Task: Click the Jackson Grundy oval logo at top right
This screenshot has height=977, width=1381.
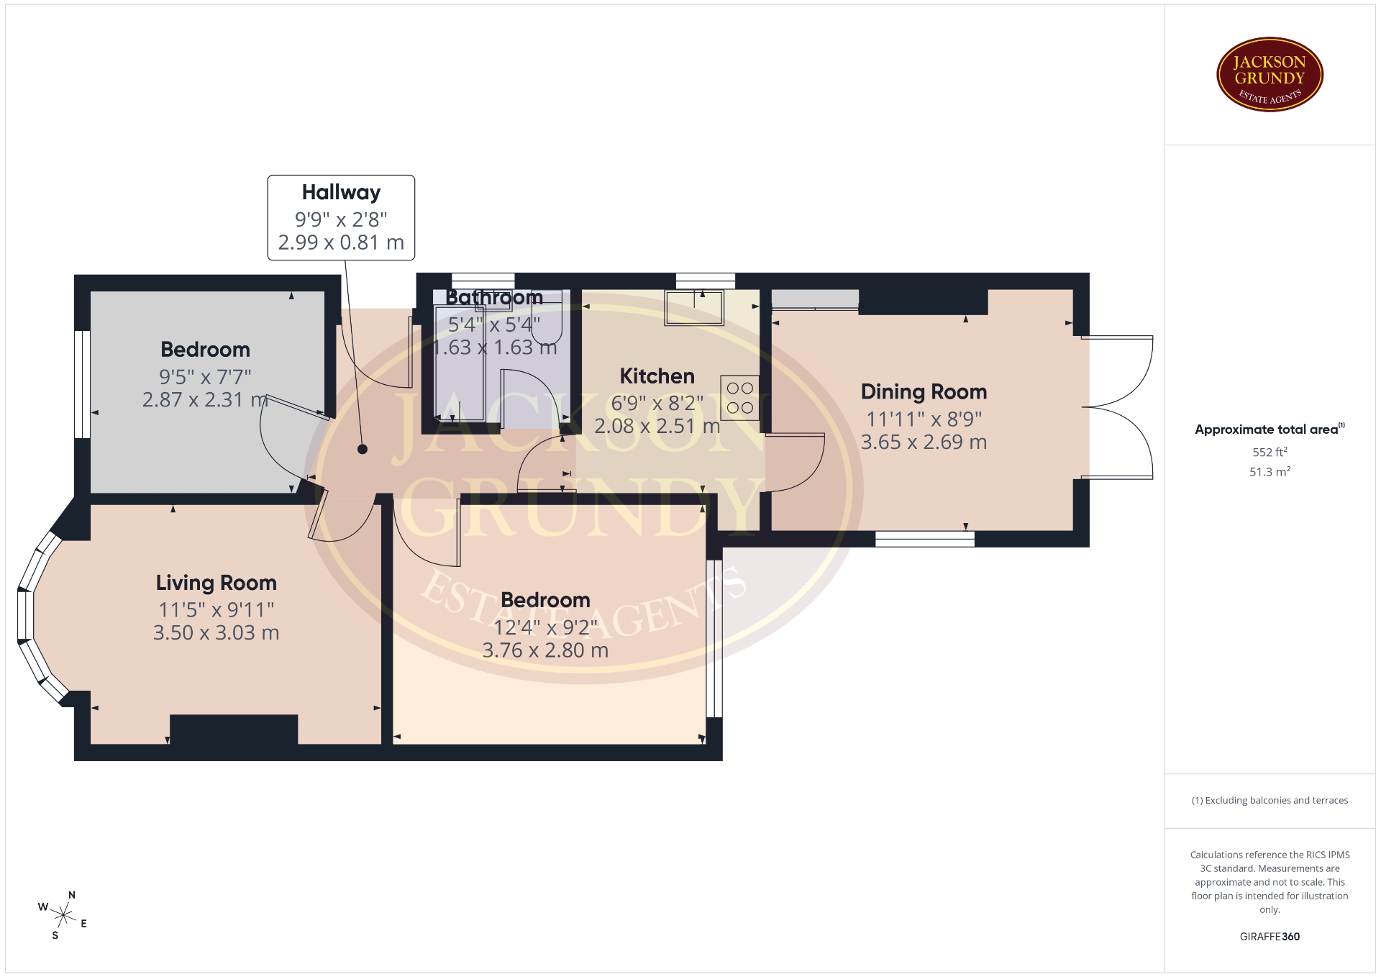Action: point(1270,75)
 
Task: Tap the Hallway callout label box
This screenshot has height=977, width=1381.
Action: point(341,217)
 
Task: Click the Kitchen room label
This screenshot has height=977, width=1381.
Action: point(657,376)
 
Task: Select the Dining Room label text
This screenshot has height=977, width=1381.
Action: point(924,392)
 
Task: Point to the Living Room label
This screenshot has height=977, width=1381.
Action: point(216,583)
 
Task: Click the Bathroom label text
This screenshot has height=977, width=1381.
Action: point(494,297)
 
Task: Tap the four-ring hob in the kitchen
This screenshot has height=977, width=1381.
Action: point(739,398)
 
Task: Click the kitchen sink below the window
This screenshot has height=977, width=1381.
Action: point(694,308)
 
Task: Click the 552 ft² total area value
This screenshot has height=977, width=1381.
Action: point(1270,452)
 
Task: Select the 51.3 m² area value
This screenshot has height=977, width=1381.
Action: point(1270,472)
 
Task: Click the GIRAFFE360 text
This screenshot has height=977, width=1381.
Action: point(1270,937)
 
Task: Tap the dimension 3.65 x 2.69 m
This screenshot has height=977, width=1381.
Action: point(924,442)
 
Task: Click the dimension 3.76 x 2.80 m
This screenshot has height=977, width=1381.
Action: point(545,650)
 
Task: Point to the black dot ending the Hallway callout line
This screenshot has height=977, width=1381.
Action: point(363,449)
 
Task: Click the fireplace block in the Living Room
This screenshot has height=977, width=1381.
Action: point(234,730)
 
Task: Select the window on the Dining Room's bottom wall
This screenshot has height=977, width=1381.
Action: point(924,539)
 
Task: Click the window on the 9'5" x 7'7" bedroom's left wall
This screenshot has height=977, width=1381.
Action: point(83,384)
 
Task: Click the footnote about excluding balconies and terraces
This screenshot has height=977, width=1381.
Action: point(1270,800)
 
